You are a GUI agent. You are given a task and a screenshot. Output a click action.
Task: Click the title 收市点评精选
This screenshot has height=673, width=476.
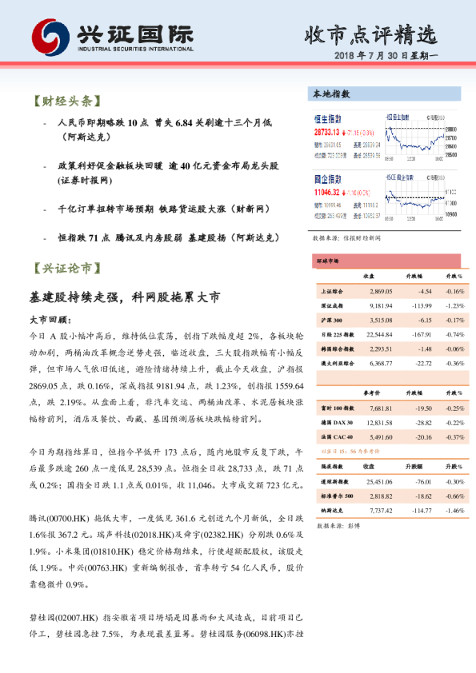[372, 34]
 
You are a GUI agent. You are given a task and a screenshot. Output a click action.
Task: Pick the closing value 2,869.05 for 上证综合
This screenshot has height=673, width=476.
[378, 292]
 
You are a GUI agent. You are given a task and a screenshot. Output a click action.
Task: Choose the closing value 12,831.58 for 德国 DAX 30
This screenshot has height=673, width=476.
[378, 422]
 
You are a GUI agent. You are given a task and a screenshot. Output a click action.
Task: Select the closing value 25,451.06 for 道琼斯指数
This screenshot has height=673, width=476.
[378, 482]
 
